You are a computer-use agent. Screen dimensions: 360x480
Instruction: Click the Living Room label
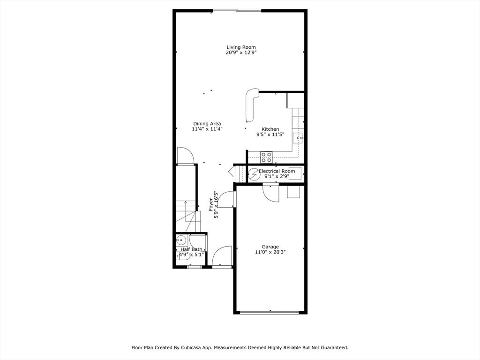[x=241, y=47]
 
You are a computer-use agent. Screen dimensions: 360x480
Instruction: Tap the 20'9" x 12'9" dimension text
[x=241, y=53]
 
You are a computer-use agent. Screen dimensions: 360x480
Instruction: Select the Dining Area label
[x=207, y=124]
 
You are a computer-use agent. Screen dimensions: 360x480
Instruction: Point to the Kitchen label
[x=270, y=129]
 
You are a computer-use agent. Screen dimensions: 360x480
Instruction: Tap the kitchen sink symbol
[x=298, y=138]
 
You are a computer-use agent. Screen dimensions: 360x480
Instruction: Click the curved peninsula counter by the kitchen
[x=251, y=105]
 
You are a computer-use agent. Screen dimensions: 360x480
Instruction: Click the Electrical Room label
[x=277, y=171]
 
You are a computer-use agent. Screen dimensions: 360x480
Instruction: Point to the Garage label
[x=270, y=247]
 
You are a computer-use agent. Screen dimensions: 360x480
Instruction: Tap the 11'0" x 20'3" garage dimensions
[x=270, y=252]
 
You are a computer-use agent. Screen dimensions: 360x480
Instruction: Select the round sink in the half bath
[x=181, y=241]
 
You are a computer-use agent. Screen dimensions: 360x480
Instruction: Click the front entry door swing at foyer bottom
[x=222, y=256]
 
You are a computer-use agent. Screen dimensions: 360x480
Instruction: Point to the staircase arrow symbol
[x=186, y=206]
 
